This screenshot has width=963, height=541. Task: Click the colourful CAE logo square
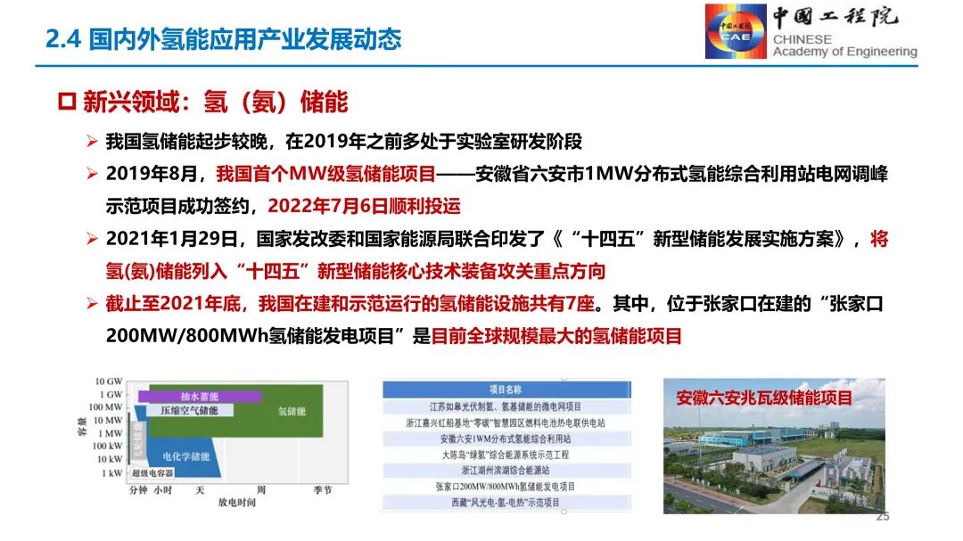click(736, 31)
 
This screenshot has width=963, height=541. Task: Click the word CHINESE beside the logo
click(802, 39)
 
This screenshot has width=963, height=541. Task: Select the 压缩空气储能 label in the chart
click(190, 411)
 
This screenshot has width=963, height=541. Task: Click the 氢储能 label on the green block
click(292, 412)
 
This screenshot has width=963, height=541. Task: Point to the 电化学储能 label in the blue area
click(185, 455)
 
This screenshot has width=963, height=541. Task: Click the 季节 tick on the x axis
click(322, 489)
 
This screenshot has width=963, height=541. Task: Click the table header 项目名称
click(506, 389)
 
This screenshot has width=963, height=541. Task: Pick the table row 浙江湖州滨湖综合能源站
click(506, 470)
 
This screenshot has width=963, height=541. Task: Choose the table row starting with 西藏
click(506, 503)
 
